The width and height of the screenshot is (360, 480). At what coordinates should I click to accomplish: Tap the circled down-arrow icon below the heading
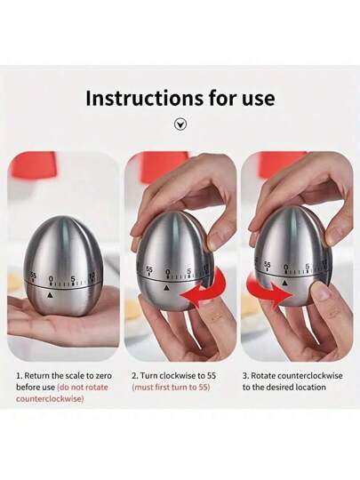[x=180, y=124]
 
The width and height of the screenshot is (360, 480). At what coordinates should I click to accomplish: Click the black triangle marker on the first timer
[x=50, y=295]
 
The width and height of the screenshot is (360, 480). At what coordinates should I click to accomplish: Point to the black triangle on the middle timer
[x=166, y=288]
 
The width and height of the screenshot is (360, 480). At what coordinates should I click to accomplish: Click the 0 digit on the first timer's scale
[x=51, y=278]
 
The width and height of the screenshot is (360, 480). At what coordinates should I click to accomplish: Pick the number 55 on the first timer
[x=33, y=276]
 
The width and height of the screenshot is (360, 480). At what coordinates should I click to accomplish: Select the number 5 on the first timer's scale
[x=73, y=279]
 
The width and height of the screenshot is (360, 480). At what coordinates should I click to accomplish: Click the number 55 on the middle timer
[x=149, y=269]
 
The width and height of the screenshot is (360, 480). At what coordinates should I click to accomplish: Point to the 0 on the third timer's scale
[x=285, y=268]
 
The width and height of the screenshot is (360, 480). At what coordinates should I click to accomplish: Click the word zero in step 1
[x=104, y=376]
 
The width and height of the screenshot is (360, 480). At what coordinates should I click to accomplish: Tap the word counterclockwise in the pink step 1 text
[x=50, y=399]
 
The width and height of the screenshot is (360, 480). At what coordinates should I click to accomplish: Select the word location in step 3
[x=310, y=388]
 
